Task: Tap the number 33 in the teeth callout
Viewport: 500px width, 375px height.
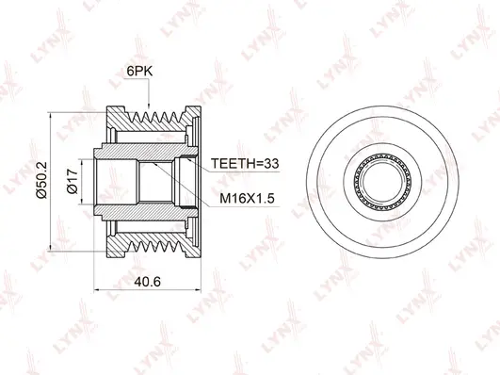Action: pos(271,162)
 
